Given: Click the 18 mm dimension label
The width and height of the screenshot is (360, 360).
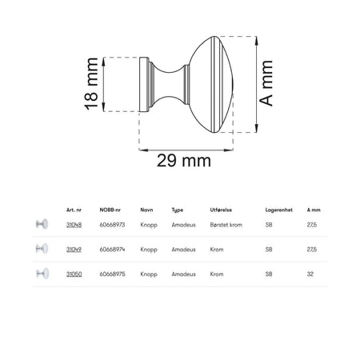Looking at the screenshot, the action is (x=91, y=84).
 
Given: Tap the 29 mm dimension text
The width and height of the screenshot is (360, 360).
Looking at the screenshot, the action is (x=184, y=161).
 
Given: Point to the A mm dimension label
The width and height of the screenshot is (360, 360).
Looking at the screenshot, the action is (x=266, y=83).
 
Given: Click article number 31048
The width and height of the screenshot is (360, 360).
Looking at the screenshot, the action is (x=74, y=225).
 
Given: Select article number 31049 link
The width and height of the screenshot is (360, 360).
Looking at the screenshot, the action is (x=74, y=250).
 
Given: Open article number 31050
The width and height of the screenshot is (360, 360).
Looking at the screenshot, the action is (x=74, y=274).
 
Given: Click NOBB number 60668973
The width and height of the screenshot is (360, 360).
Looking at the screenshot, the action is (x=112, y=225).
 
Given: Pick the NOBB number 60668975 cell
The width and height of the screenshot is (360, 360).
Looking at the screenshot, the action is (x=112, y=274).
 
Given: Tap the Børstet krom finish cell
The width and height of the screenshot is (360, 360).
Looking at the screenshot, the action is (x=226, y=225).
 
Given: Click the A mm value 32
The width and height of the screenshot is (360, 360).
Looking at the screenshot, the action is (x=310, y=274).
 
